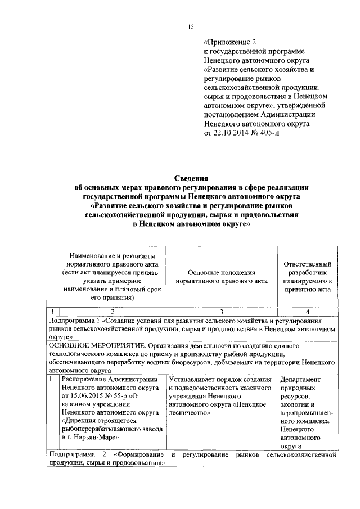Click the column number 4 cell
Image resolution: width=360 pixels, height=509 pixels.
click(x=308, y=310)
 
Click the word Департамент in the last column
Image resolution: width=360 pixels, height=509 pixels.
click(x=300, y=380)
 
